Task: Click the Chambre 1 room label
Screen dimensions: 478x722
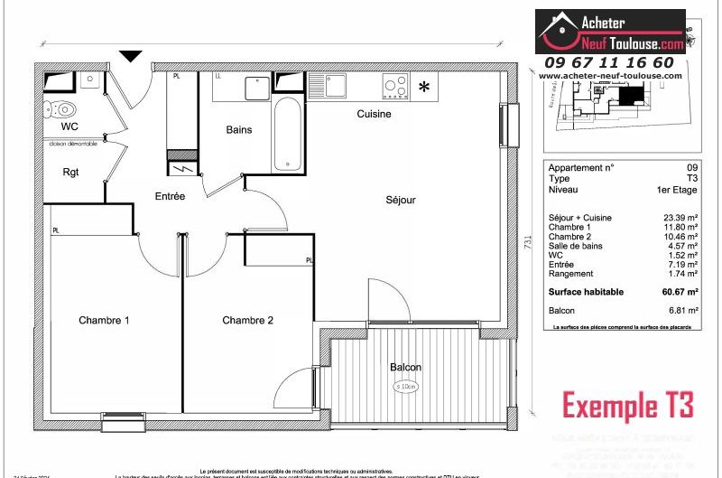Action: pyautogui.click(x=104, y=320)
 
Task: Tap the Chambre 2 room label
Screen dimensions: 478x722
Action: pyautogui.click(x=247, y=320)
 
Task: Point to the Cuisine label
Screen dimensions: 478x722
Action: pyautogui.click(x=374, y=114)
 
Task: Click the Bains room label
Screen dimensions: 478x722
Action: pyautogui.click(x=238, y=129)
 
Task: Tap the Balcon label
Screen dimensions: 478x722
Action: pyautogui.click(x=405, y=367)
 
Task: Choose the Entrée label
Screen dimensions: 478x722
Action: pyautogui.click(x=170, y=196)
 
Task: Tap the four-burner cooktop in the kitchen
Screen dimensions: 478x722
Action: pyautogui.click(x=395, y=85)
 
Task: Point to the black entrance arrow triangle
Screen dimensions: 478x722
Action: pyautogui.click(x=132, y=56)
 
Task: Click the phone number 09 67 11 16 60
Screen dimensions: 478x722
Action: pyautogui.click(x=608, y=62)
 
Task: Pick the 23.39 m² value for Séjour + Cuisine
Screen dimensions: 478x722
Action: pyautogui.click(x=680, y=219)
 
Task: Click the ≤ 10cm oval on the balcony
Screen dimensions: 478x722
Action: pyautogui.click(x=407, y=387)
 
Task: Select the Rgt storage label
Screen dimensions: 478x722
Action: pyautogui.click(x=71, y=172)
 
